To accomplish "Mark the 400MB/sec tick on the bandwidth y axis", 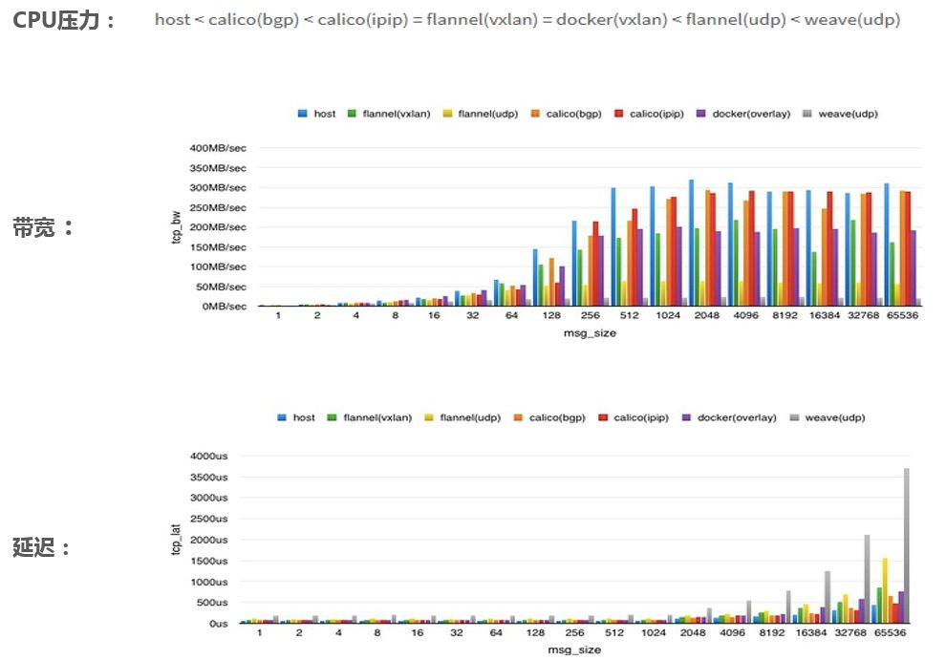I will (218, 148).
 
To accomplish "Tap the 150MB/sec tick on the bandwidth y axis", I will (218, 247).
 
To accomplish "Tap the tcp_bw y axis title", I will (176, 228).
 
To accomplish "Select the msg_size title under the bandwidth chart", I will (588, 332).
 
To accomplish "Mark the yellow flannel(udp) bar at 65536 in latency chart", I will (886, 590).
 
